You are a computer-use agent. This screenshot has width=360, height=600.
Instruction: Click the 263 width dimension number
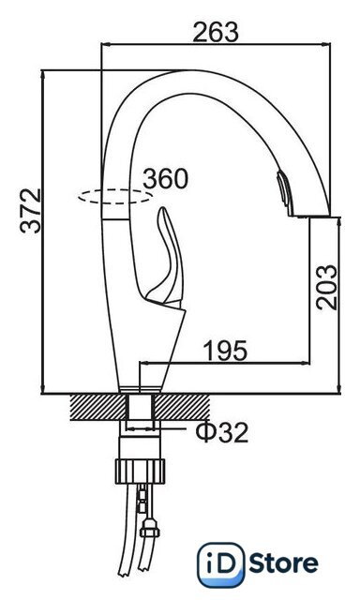click(x=216, y=32)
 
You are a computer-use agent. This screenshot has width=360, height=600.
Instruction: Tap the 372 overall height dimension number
click(x=31, y=210)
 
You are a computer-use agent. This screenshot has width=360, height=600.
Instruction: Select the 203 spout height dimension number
click(x=327, y=287)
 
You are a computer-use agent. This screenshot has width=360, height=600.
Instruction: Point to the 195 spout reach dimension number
click(x=225, y=351)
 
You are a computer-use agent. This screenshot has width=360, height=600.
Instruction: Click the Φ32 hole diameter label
click(x=221, y=432)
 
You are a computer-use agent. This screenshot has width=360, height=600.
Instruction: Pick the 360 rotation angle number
click(x=166, y=178)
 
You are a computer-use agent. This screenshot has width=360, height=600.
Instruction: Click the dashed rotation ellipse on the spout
click(x=115, y=189)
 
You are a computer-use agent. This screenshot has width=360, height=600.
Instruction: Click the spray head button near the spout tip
click(x=283, y=188)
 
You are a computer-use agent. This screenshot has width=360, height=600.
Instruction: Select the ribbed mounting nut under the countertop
click(x=140, y=471)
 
